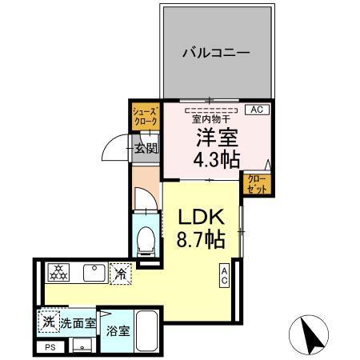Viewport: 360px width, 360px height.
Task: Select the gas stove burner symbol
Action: click(x=59, y=273)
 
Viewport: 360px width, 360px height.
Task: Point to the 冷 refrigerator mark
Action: click(x=120, y=273)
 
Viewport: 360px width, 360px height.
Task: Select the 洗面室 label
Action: click(x=79, y=324)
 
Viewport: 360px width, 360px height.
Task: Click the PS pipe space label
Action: click(x=50, y=347)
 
